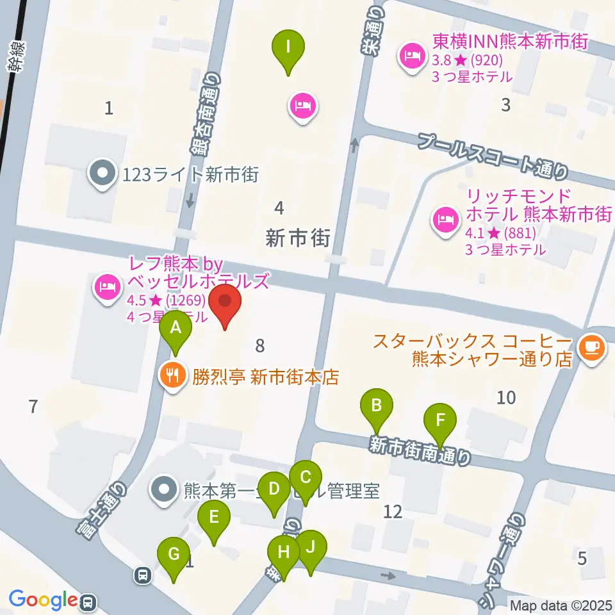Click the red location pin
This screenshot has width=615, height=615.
(225, 306)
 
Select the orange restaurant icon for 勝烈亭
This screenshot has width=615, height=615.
(172, 374)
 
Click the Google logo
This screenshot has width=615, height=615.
(43, 600)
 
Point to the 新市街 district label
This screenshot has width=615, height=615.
(298, 239)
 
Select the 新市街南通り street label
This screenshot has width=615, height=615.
(420, 450)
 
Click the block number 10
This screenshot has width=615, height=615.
(505, 398)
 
